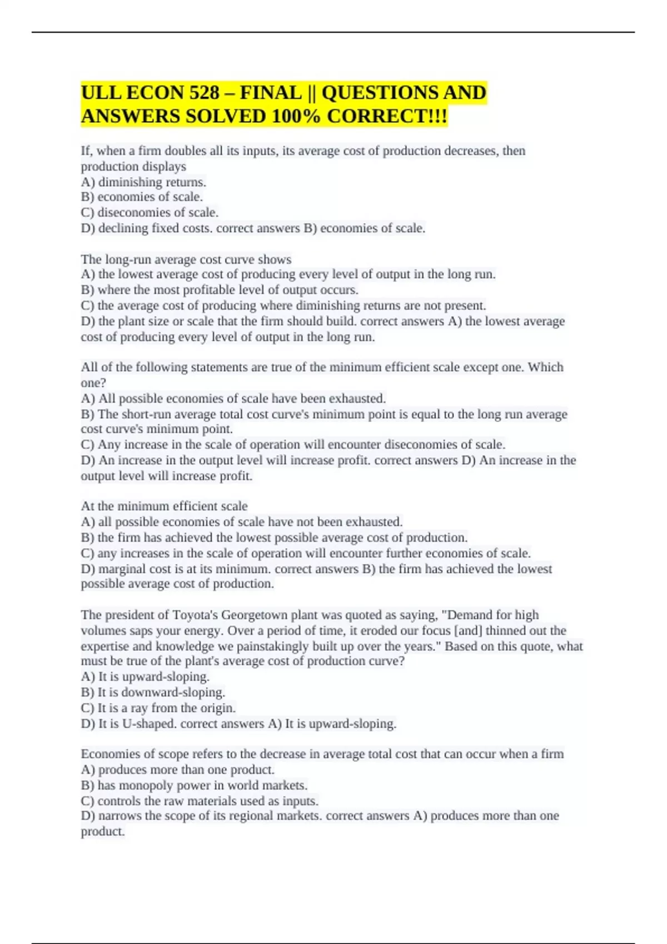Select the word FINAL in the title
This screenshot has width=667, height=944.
271,92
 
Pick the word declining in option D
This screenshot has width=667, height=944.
123,228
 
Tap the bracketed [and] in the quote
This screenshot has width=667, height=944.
468,630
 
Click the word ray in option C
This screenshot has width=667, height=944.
139,708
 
